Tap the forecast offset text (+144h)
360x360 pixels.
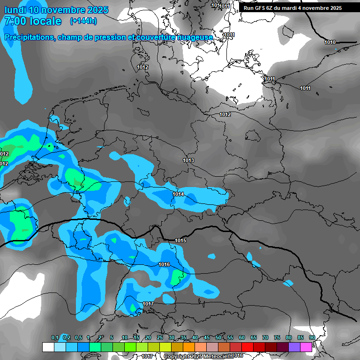(x=83, y=21)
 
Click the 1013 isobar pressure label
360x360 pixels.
(x=188, y=160)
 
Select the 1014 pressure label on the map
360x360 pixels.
(x=178, y=194)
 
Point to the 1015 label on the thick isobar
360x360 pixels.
(x=180, y=240)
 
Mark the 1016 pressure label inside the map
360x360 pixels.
(x=164, y=264)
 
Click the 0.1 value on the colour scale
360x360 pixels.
(x=55, y=337)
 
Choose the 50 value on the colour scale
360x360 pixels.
(x=218, y=337)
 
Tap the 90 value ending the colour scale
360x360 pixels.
(x=312, y=337)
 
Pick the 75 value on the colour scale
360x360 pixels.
(x=277, y=337)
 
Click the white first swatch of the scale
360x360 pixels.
(x=48, y=347)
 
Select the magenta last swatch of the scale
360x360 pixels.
(x=306, y=347)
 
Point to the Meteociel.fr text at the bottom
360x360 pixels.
(x=218, y=356)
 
